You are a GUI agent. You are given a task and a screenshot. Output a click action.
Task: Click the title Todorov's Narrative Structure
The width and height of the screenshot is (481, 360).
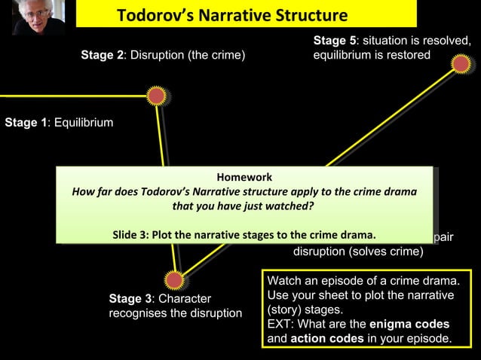pos(232,16)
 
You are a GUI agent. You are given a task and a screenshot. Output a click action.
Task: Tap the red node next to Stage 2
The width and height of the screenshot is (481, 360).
pos(156,96)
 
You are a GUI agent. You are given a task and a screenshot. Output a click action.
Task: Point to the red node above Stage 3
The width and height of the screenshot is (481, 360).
pos(175,280)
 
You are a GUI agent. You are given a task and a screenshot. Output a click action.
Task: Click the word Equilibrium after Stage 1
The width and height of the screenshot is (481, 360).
pos(81,122)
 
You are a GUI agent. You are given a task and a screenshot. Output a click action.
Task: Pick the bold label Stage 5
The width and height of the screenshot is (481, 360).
pos(334,40)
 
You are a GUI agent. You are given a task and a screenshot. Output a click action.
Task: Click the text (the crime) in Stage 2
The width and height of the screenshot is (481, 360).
pos(216,55)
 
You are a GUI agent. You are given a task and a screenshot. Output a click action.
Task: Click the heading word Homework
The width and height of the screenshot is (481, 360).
pos(244,178)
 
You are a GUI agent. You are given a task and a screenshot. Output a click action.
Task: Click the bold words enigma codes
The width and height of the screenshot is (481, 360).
pos(415,324)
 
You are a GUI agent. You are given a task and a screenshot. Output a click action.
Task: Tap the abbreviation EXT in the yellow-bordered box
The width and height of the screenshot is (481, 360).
pos(280,324)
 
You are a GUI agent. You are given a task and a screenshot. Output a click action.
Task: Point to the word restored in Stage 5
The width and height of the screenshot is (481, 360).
pos(408,56)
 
